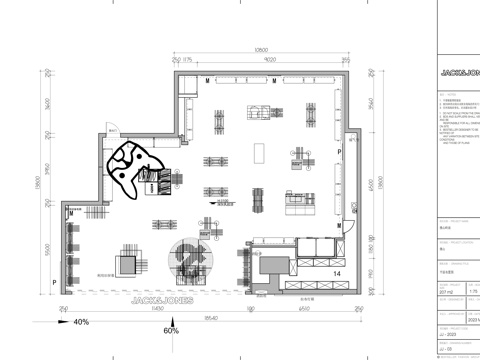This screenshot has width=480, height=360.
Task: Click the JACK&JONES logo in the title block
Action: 458,72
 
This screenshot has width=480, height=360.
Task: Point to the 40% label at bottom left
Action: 81,322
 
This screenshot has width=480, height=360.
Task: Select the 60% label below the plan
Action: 171,330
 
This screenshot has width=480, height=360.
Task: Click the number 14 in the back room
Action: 337,272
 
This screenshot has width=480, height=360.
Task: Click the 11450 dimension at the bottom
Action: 157,308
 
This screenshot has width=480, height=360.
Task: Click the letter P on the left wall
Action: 54,282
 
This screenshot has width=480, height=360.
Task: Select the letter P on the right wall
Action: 339,150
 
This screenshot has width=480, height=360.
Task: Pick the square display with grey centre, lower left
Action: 127,263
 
